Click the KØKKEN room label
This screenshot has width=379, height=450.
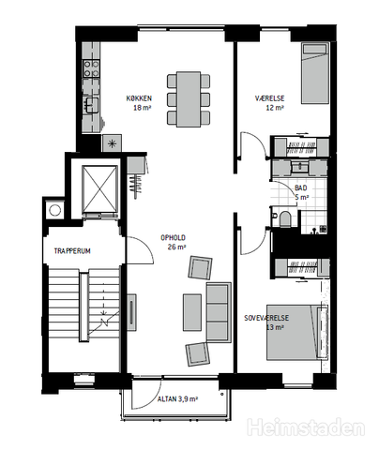pos(139,98)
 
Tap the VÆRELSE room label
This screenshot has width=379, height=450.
pos(270,98)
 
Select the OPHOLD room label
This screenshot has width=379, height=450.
pos(173,238)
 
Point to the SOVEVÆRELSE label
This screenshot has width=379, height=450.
pos(266,318)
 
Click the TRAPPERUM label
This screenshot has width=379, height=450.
pos(72,251)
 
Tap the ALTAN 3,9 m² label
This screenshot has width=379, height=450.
pos(177,399)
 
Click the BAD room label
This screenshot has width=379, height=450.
pos(301,188)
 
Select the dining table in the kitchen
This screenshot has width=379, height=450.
pos(189,99)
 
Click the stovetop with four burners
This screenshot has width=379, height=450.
pos(91,68)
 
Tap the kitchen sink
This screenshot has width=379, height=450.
pos(92,105)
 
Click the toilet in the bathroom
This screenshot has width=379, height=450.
pos(284,218)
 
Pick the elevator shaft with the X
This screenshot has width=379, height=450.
pos(99,188)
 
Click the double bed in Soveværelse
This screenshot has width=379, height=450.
pos(296,333)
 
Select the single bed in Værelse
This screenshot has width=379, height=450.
pos(315,73)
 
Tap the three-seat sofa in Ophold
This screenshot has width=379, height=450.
pos(219,312)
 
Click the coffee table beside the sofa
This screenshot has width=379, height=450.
pos(192,312)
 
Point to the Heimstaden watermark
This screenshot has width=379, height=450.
pos(306,427)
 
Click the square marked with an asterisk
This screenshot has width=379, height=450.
pos(112,143)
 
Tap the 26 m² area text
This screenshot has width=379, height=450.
pos(177,247)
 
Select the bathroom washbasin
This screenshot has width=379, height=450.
pos(299,166)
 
